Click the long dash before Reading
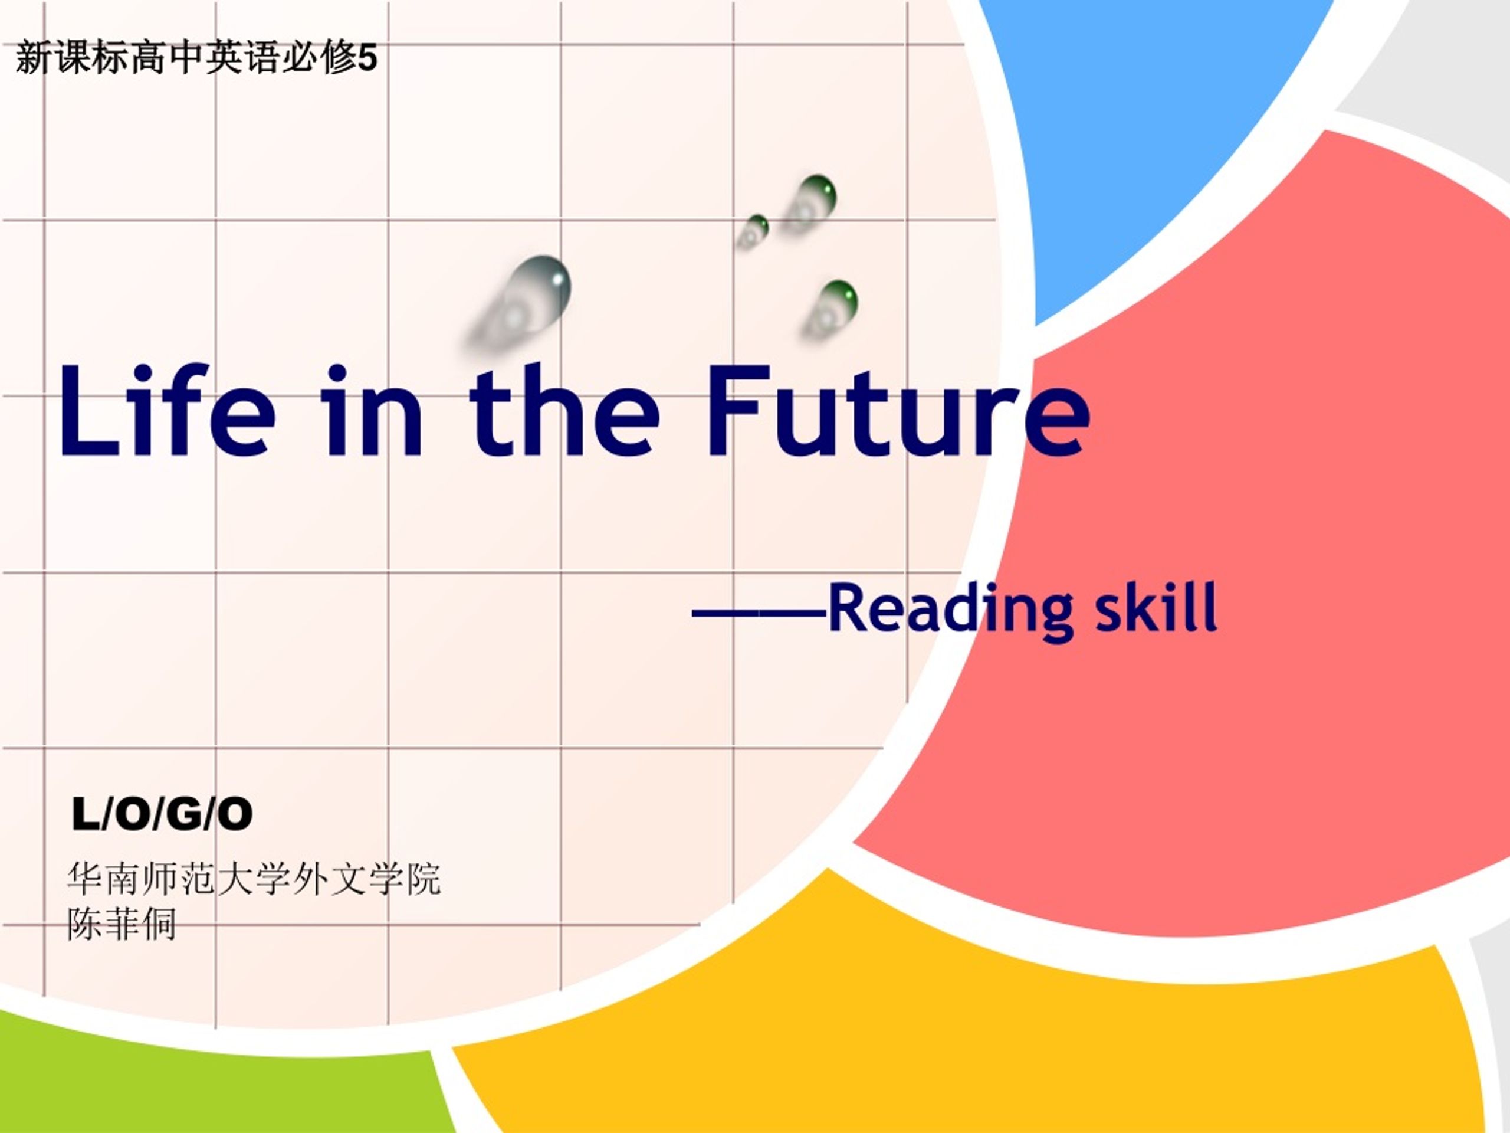point(760,613)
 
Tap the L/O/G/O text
point(162,815)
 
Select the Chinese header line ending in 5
point(196,57)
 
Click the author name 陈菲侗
point(122,924)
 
